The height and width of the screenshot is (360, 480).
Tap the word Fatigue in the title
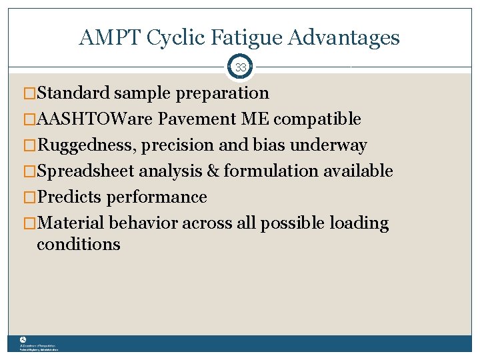239,38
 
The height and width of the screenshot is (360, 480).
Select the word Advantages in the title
344,38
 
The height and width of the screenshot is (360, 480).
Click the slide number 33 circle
241,67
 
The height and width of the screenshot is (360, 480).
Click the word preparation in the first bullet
223,93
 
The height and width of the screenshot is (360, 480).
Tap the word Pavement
191,119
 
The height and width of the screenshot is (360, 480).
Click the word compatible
317,119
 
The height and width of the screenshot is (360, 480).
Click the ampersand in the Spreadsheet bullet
213,171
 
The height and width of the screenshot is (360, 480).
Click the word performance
157,197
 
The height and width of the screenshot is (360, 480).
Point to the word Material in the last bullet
71,223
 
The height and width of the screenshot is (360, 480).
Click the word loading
359,223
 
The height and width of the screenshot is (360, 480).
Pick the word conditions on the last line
79,245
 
